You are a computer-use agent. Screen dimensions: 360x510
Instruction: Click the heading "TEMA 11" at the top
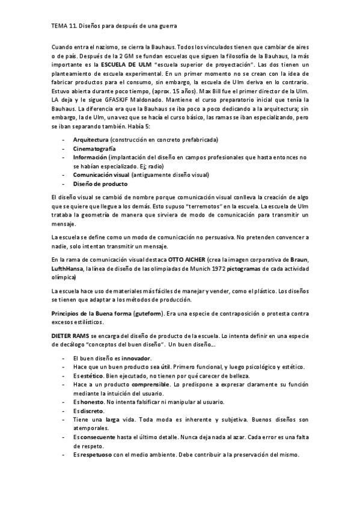click(x=61, y=26)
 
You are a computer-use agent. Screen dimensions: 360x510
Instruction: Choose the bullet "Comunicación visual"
click(x=101, y=175)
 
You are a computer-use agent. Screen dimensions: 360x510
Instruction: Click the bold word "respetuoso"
click(x=98, y=455)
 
